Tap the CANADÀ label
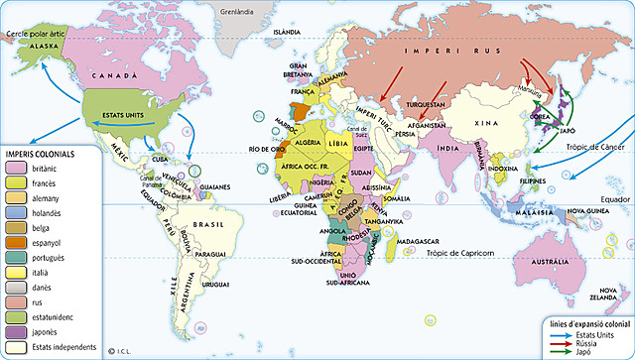coord(114,75)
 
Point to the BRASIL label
coord(210,225)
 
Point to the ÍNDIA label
coord(449,150)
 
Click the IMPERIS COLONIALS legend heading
coord(42,154)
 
